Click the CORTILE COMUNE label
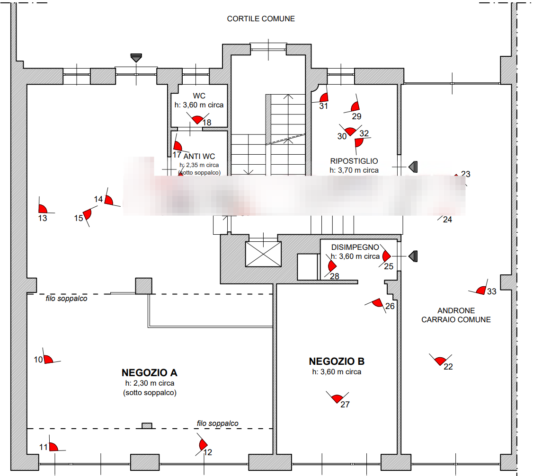click(x=261, y=19)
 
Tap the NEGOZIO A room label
click(x=149, y=372)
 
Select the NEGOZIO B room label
click(x=337, y=361)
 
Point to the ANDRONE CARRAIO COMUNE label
click(x=456, y=315)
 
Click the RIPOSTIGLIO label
click(x=354, y=161)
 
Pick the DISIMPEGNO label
click(x=355, y=247)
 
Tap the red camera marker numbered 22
click(x=441, y=361)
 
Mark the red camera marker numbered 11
click(x=53, y=447)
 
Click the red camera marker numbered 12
click(x=203, y=445)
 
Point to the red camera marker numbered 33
click(x=482, y=290)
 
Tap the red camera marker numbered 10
click(x=48, y=359)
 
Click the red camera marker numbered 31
click(x=324, y=98)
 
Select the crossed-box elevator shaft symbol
click(x=263, y=254)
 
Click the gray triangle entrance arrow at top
click(x=136, y=59)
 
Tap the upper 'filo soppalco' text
click(x=66, y=299)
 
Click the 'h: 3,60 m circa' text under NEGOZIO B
click(x=337, y=372)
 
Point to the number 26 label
click(x=390, y=307)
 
